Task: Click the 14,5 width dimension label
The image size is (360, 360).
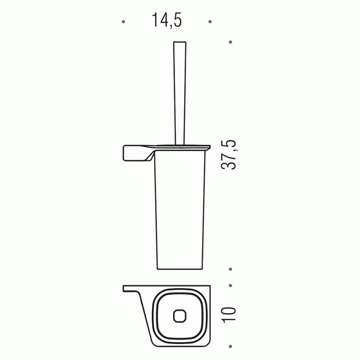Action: coord(167,20)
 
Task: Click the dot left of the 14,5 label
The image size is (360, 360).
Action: coord(123,22)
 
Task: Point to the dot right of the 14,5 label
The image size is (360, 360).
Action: coord(209,22)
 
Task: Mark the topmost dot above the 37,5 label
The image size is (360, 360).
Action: coord(230,42)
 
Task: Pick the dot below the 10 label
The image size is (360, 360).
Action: coord(230,344)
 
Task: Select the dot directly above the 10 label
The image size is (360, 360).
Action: coord(230,285)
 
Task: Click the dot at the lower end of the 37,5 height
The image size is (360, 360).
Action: coord(230,269)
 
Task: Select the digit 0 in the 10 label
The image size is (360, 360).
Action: coord(230,310)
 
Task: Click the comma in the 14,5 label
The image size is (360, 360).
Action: coord(170,26)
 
